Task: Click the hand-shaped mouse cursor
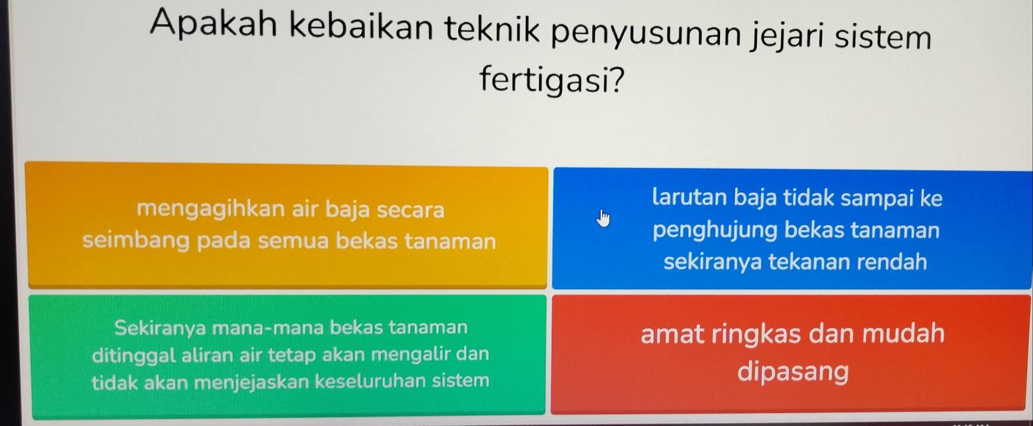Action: click(603, 217)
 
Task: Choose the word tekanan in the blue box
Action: click(814, 261)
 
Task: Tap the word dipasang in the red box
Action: click(793, 372)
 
